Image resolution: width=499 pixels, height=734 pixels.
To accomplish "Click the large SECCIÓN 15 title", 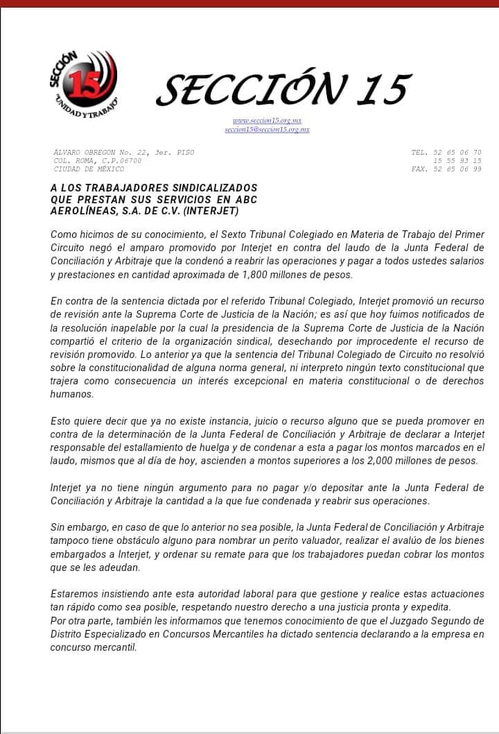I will (x=283, y=89).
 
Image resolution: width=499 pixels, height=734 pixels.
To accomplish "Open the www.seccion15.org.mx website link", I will (x=267, y=120).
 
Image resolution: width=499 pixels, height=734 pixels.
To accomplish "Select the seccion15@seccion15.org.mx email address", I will (x=267, y=130).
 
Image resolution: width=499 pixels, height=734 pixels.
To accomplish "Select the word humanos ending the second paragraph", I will (x=73, y=393).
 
